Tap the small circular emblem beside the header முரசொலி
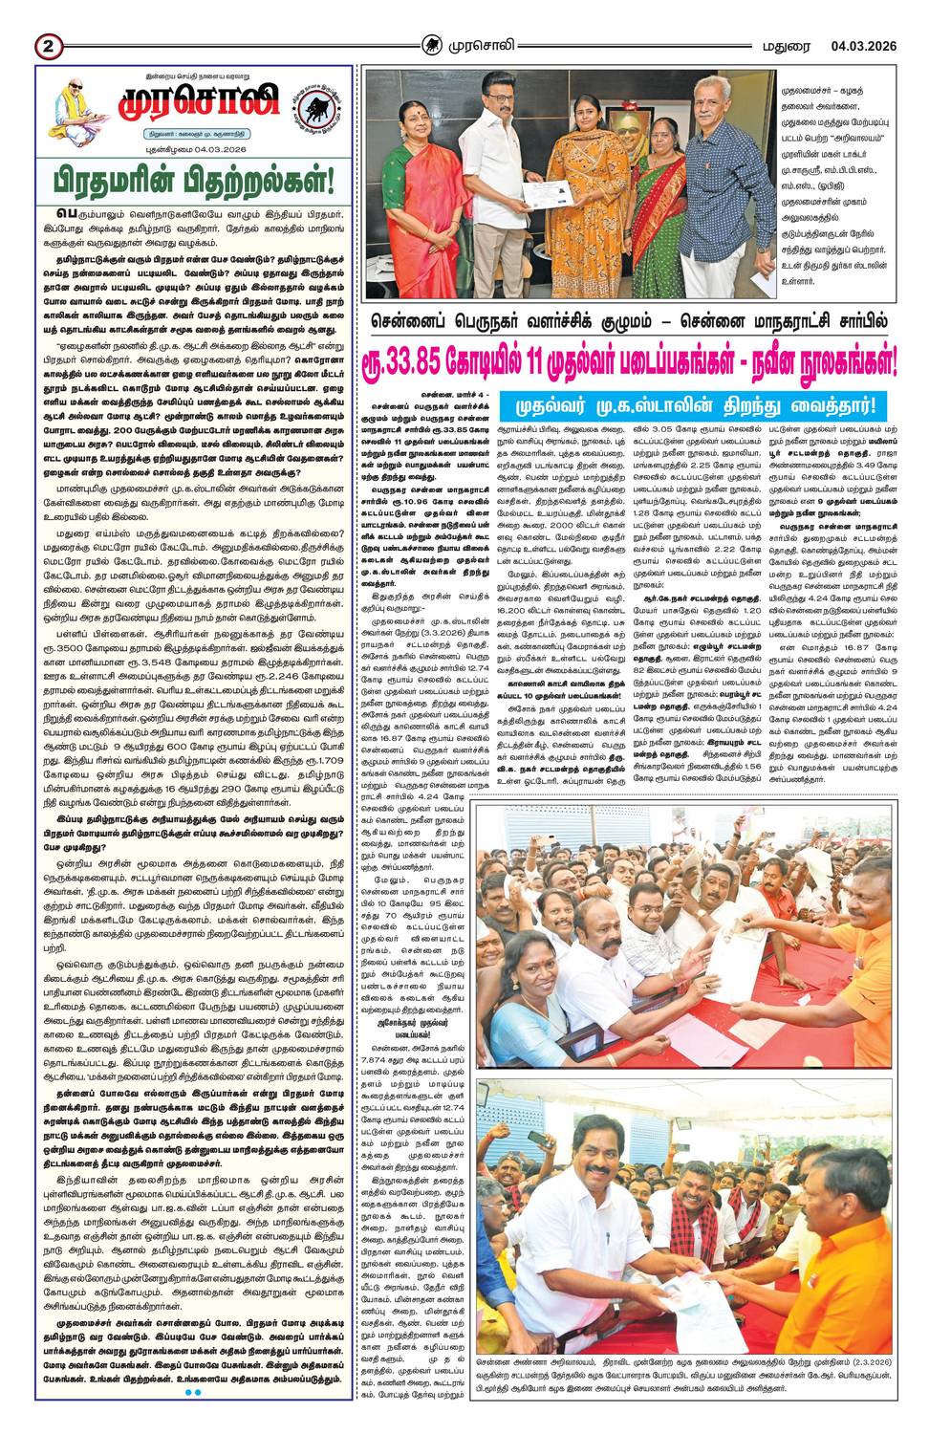[x=433, y=45]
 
